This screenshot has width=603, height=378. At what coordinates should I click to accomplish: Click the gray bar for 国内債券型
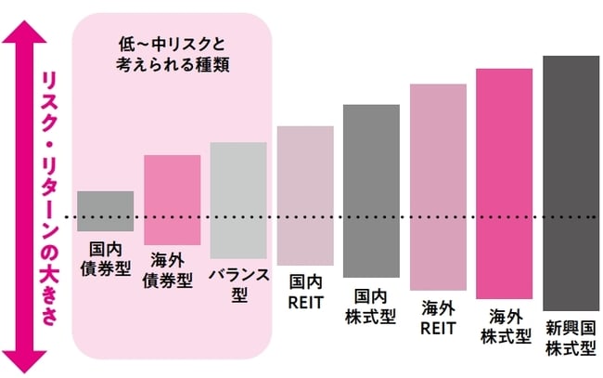click(105, 210)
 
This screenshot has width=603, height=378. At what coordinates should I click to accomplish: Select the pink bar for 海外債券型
click(172, 199)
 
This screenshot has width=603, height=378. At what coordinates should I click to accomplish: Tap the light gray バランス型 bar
click(238, 200)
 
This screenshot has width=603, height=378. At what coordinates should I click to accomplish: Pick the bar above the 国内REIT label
click(305, 195)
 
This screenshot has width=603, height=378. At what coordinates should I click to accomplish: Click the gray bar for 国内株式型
click(371, 190)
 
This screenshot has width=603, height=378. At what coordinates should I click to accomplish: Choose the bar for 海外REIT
click(438, 185)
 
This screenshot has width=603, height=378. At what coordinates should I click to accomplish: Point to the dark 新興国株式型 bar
click(571, 182)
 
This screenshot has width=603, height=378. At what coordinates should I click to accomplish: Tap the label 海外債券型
click(172, 270)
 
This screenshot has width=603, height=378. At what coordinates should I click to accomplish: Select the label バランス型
click(238, 283)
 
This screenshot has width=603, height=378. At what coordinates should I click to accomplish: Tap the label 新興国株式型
click(571, 338)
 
